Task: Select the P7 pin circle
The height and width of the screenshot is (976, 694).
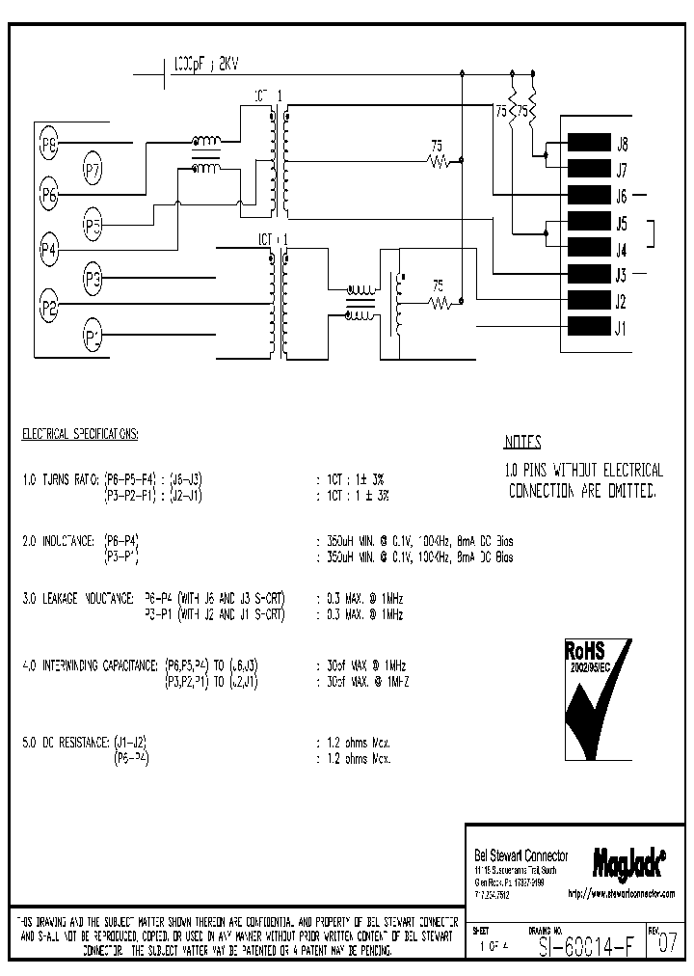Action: [x=93, y=172]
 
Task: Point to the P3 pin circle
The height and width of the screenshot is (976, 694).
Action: [x=93, y=282]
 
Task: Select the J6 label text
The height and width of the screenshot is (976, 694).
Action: [x=622, y=196]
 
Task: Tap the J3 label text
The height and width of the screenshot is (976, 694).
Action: [x=622, y=275]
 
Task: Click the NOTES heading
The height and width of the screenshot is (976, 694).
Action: [x=523, y=443]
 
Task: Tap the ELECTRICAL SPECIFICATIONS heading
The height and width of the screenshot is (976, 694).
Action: [x=80, y=435]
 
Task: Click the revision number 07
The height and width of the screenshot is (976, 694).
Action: [x=666, y=945]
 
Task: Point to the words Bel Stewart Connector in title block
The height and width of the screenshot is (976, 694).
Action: [x=520, y=855]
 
